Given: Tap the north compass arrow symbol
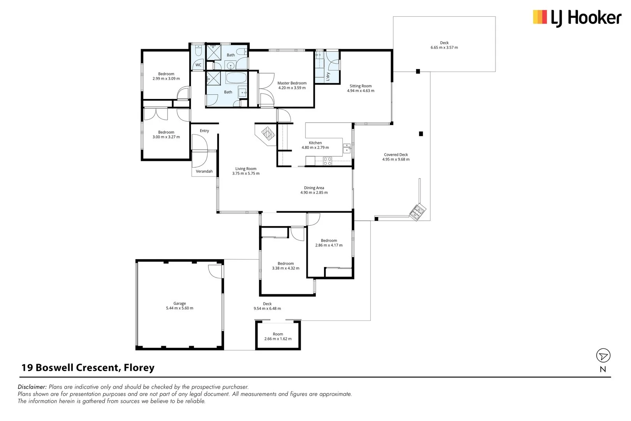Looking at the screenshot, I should (x=603, y=356).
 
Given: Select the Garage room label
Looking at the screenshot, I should (x=180, y=303).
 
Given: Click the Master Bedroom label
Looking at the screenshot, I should (x=292, y=83).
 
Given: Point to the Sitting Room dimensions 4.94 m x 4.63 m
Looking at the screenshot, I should (x=361, y=91).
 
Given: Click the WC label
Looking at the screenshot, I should (x=198, y=65).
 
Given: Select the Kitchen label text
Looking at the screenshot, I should (x=315, y=143).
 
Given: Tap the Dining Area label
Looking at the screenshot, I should (x=314, y=188).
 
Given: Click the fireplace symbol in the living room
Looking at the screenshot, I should (x=268, y=134).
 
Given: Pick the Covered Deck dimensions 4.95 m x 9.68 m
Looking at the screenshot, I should (x=396, y=159).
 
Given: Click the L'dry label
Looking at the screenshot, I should (x=328, y=76).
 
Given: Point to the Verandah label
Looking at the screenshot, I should (x=204, y=171).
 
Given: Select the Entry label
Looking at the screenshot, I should (x=204, y=131).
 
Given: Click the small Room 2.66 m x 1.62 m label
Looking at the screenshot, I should (x=278, y=334).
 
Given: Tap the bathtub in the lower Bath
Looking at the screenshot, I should (x=236, y=78).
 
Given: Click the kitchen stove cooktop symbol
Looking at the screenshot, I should (x=327, y=161).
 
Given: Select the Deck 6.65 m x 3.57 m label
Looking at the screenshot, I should (x=444, y=43).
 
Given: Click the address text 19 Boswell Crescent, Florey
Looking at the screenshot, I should (x=88, y=368).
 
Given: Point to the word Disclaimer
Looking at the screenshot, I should (x=32, y=387).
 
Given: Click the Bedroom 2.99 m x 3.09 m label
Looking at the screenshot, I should (x=166, y=74).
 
